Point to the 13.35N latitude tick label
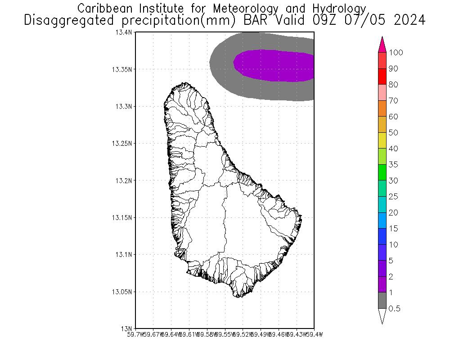(x=122, y=69)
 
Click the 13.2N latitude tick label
(x=124, y=180)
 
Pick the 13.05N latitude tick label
(x=122, y=292)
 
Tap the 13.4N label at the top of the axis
(x=124, y=32)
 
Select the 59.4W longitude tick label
(x=314, y=334)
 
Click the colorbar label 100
(x=396, y=53)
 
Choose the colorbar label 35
(x=394, y=165)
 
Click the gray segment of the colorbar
(x=382, y=301)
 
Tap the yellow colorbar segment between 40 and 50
(x=382, y=140)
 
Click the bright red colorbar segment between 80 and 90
(x=382, y=76)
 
